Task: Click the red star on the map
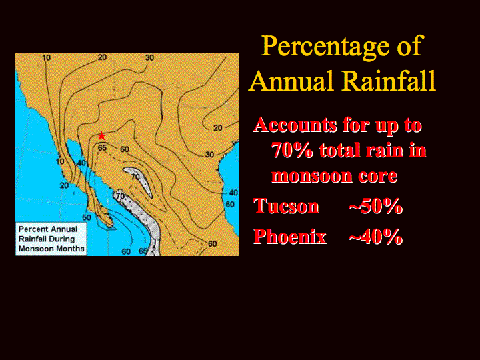(x=101, y=136)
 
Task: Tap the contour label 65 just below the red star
(x=102, y=148)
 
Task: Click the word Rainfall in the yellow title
(x=389, y=81)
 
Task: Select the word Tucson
(x=287, y=206)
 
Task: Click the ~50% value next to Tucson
(x=375, y=206)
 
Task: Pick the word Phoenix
(x=290, y=237)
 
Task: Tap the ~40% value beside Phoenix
(x=375, y=237)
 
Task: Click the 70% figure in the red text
(x=292, y=150)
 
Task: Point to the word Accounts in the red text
(x=295, y=125)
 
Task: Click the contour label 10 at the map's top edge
(x=46, y=57)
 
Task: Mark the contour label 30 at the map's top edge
(x=149, y=57)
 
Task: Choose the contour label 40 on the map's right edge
(x=233, y=193)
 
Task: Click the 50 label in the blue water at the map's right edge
(x=230, y=204)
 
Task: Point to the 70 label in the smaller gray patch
(x=135, y=177)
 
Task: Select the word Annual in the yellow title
(x=291, y=81)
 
